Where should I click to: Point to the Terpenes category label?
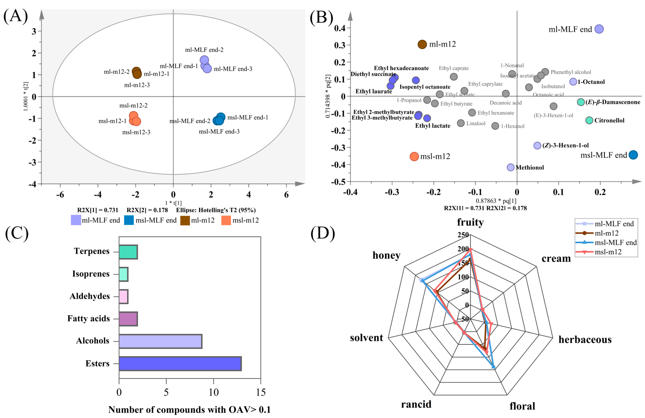tap(92, 251)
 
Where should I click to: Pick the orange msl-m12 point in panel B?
tap(414, 156)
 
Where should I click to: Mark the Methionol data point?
tap(511, 167)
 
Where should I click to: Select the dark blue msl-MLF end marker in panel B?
tap(633, 155)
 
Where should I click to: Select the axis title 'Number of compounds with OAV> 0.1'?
tap(189, 410)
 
